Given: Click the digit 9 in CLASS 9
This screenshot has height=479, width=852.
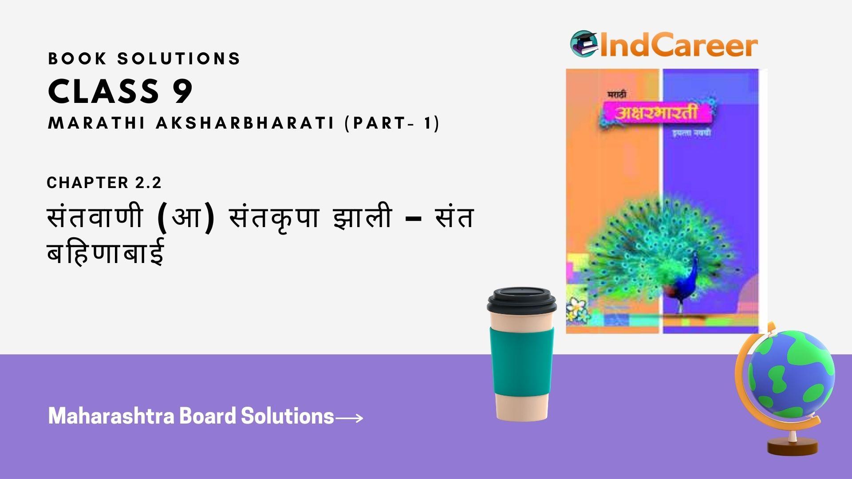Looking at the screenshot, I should click(182, 92).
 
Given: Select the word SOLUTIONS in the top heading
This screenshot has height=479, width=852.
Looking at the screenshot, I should click(179, 59).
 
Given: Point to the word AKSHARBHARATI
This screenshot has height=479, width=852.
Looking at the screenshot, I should click(245, 123).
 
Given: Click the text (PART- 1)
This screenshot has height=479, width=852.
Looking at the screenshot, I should click(392, 123).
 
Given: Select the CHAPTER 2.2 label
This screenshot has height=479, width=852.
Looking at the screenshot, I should click(104, 183).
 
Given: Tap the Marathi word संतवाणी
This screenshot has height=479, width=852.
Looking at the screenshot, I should click(95, 218).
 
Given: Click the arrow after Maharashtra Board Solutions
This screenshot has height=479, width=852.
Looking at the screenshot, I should click(349, 418).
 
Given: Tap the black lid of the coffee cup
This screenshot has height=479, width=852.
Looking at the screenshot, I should click(521, 300).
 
